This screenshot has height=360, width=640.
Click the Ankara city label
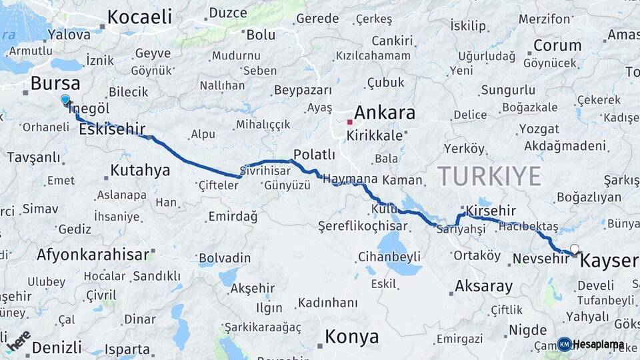(385, 113)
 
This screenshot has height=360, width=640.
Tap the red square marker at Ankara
(349, 122)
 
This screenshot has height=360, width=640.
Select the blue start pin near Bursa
(65, 100)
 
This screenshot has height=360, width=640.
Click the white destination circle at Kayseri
(575, 249)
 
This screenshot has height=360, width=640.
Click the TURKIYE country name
(489, 176)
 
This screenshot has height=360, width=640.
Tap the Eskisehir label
(112, 130)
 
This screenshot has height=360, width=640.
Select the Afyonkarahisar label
(93, 254)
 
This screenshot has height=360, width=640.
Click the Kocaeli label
(139, 17)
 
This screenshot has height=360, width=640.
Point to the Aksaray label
(484, 287)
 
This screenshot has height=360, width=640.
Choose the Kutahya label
(140, 170)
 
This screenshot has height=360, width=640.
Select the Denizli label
(57, 347)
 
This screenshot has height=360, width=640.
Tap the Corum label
(557, 45)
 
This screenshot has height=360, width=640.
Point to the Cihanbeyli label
(389, 257)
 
